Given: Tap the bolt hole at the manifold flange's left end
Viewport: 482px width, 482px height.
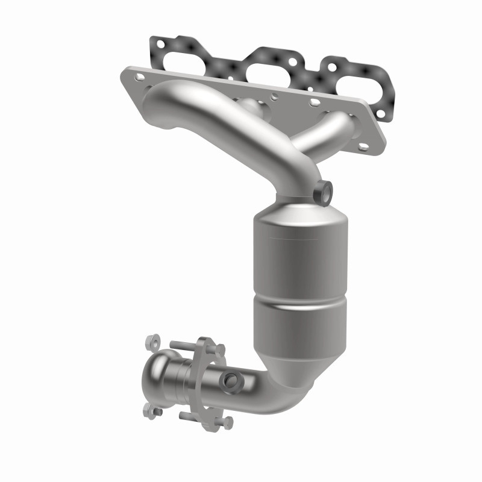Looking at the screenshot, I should tap(140, 77).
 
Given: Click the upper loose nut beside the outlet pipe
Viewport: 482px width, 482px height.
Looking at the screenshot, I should tap(152, 342).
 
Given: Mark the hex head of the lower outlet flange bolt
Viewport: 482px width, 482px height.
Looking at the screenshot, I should tap(225, 421).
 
